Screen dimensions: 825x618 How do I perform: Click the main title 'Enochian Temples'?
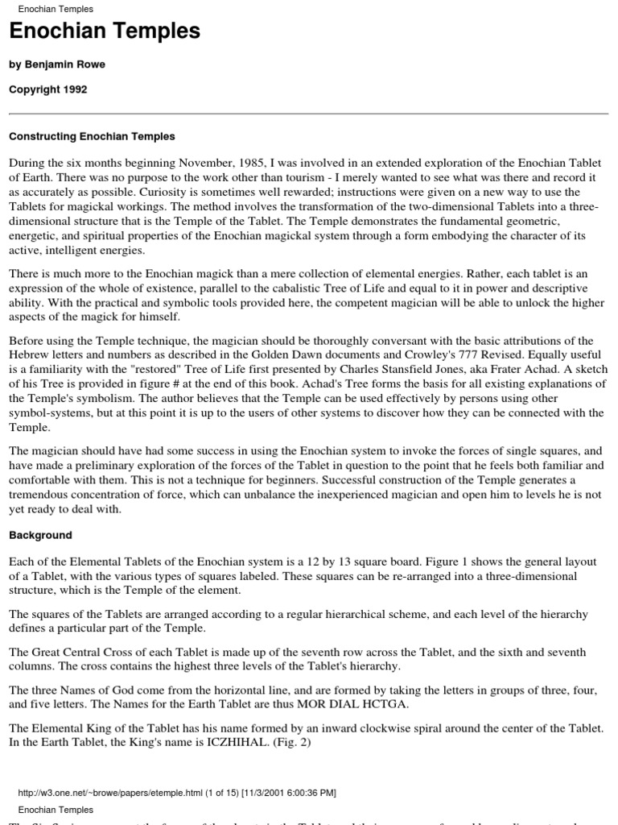105,32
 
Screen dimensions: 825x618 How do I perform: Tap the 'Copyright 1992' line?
47,89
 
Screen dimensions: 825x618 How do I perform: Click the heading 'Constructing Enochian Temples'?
92,137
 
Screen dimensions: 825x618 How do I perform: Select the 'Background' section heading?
40,535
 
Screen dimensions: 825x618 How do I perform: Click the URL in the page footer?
118,793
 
